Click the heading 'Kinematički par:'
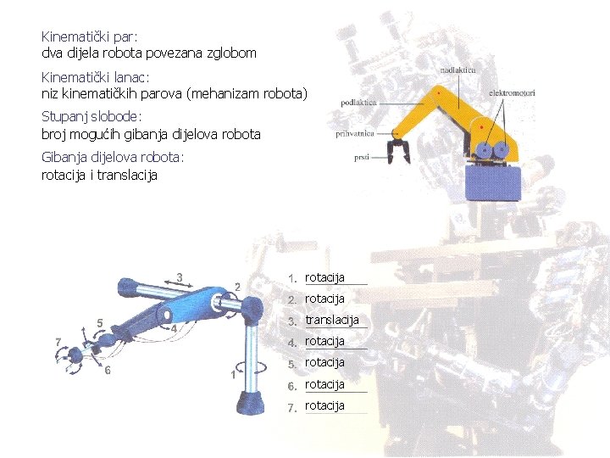tap(89, 37)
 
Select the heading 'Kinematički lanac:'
tap(96, 78)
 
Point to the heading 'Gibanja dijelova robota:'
tap(112, 157)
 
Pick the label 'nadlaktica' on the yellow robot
tap(458, 70)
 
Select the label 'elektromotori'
tap(512, 92)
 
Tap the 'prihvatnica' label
tap(355, 133)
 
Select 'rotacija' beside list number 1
tap(324, 277)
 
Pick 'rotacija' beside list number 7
tap(324, 405)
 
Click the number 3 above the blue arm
tap(179, 276)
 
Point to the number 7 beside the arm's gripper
tap(58, 342)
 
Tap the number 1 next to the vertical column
tap(233, 374)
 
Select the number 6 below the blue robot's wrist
tap(108, 371)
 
